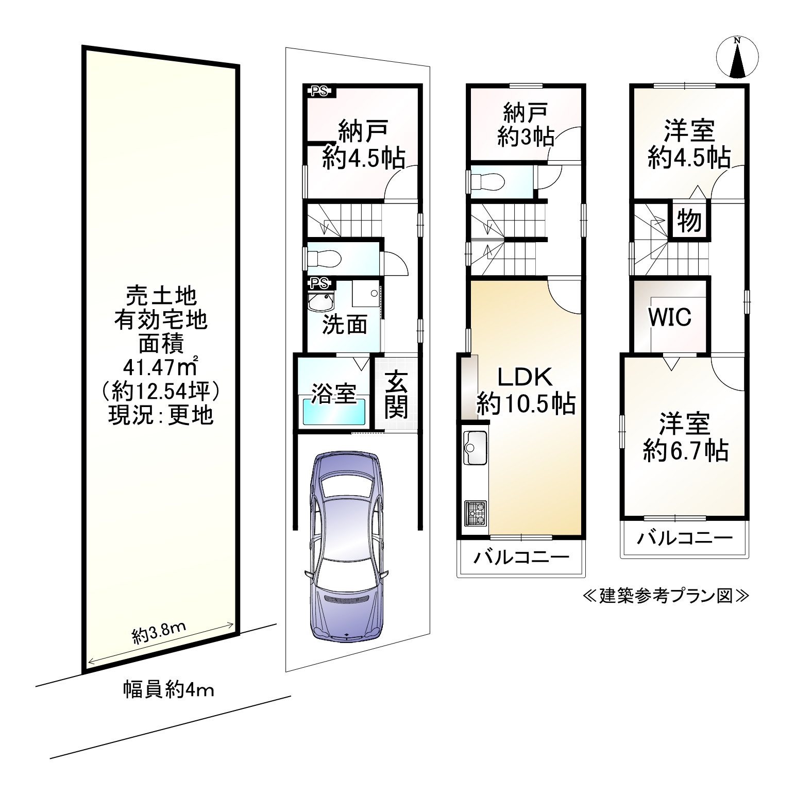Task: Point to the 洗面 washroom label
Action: tap(344, 326)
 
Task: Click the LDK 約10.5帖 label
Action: tap(525, 392)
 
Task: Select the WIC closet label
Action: tap(669, 317)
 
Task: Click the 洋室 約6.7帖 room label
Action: tap(685, 437)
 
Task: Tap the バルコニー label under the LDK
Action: tap(521, 557)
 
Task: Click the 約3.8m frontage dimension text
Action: tap(159, 635)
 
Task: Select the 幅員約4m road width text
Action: tap(168, 689)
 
